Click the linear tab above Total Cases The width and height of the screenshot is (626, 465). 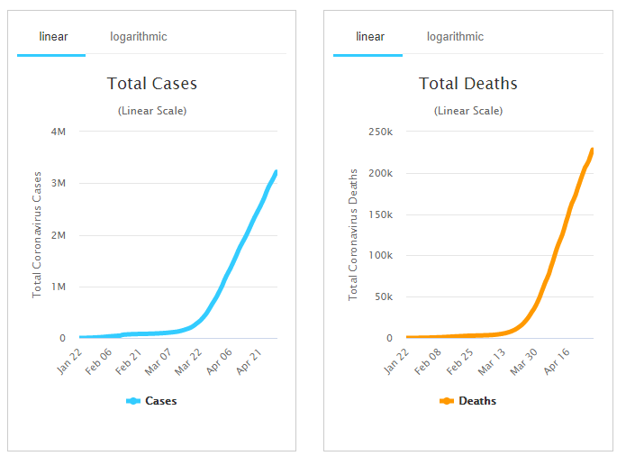point(53,37)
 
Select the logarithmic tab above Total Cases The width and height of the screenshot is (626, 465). point(139,37)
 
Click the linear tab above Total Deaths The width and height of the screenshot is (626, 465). point(370,37)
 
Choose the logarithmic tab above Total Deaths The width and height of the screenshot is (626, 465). point(455,37)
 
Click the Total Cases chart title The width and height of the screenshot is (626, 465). point(152,84)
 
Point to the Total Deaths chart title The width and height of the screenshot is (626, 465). point(468,84)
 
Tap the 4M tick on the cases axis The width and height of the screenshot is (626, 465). point(58,132)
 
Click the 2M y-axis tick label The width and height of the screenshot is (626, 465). point(58,235)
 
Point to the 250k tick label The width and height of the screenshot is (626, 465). point(377,132)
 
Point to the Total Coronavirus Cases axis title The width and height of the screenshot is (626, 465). point(37,235)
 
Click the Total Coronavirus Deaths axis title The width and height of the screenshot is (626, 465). point(353,234)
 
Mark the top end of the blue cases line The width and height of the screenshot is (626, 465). point(276,171)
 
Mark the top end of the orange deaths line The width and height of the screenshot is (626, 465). point(593,150)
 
